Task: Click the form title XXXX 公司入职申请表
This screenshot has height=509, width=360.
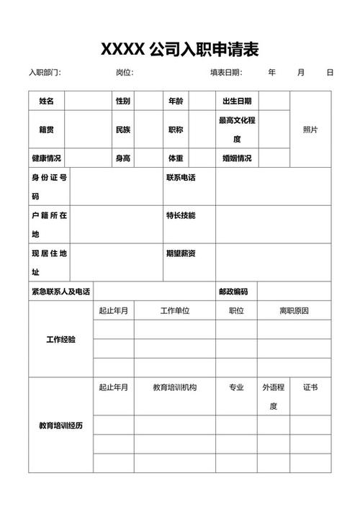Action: coord(179,49)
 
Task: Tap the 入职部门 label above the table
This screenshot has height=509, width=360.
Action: coord(45,73)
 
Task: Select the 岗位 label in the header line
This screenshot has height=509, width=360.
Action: coord(125,73)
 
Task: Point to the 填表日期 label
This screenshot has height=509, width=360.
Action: coord(226,73)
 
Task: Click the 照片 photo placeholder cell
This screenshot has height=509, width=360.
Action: coord(310,130)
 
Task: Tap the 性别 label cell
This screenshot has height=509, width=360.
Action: coord(123,101)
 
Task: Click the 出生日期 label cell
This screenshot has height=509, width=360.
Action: coord(237,101)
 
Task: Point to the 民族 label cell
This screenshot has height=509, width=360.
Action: coord(123,130)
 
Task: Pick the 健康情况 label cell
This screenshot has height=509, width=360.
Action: coord(46,158)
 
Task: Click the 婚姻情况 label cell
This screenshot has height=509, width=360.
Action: coord(237,158)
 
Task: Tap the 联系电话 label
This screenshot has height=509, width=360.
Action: coord(181,177)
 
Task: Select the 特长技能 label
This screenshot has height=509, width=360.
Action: coord(181,215)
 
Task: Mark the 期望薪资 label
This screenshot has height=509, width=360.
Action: coord(181,253)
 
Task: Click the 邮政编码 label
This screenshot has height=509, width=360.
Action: coord(233,292)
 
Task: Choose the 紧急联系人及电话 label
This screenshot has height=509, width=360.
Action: coord(61,292)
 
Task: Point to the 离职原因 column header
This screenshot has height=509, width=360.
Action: coord(294,310)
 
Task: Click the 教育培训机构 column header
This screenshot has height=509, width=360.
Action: coord(174,387)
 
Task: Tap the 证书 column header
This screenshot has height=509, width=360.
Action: coord(310,387)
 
